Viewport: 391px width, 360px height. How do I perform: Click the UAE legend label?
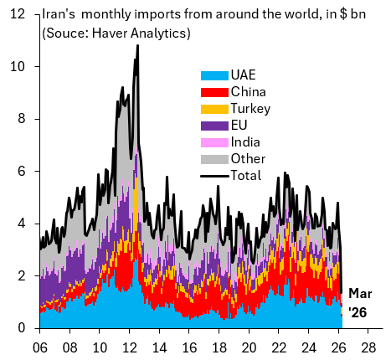[243, 75]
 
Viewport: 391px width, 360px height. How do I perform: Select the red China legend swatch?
[214, 92]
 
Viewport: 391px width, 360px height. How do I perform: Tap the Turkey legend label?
[250, 109]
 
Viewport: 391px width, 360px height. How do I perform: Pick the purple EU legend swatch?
[214, 126]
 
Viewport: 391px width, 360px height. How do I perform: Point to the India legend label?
[245, 142]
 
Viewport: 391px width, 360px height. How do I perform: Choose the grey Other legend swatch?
[214, 159]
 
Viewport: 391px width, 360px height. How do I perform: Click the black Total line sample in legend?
[214, 176]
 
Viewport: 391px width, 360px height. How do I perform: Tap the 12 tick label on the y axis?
[18, 14]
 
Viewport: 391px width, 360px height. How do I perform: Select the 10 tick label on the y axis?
[18, 66]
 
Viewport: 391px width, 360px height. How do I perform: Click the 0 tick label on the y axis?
[21, 328]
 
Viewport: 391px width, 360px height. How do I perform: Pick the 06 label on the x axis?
[40, 347]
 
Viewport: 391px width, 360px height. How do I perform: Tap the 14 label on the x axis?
[159, 347]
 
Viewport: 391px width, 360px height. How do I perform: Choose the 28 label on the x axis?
[368, 347]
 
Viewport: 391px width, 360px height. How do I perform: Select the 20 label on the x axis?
[249, 347]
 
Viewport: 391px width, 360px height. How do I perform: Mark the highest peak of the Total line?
[137, 45]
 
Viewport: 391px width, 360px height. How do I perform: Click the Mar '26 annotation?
[360, 303]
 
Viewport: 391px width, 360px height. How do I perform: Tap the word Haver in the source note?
[110, 33]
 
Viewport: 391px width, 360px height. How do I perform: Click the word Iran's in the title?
[59, 14]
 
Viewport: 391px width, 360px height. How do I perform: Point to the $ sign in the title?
[343, 14]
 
